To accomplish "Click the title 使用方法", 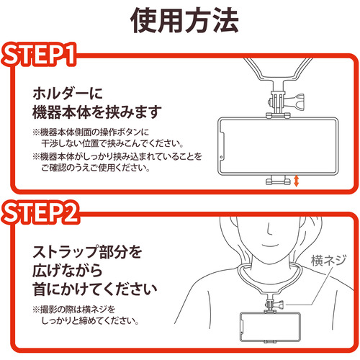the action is [184, 20].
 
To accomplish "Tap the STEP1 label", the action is [39, 55].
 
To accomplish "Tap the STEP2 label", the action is [40, 212].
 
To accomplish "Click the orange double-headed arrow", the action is [297, 181].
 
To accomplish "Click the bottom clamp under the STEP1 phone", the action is [278, 180].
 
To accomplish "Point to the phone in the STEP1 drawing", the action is [278, 146].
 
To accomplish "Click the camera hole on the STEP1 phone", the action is [221, 158].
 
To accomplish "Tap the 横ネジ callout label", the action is [328, 261].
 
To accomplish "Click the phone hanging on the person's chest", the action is [270, 327].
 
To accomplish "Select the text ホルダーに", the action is [68, 94].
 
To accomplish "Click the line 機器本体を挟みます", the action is [97, 112].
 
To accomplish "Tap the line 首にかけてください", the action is [95, 289].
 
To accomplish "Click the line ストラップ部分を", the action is [87, 252].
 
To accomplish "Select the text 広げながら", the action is [68, 271].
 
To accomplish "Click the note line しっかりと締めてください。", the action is [90, 320].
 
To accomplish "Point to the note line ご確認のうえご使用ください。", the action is [96, 168].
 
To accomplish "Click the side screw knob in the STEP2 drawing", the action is [279, 305].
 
